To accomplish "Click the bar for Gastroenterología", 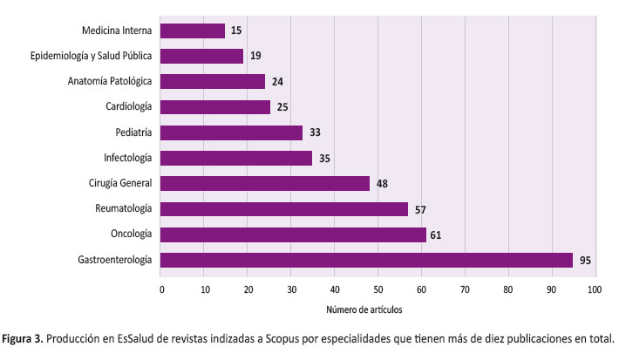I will coord(366,260).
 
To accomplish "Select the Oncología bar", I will coord(293,234).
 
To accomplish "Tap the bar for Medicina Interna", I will coord(193,31).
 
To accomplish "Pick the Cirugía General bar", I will coord(265,183).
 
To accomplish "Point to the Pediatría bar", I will coord(232,132).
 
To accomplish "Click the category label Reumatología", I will coord(124,208).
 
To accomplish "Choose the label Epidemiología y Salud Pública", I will coord(91,56).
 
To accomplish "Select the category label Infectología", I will coord(128,158).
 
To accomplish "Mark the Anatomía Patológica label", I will coord(110,81).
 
